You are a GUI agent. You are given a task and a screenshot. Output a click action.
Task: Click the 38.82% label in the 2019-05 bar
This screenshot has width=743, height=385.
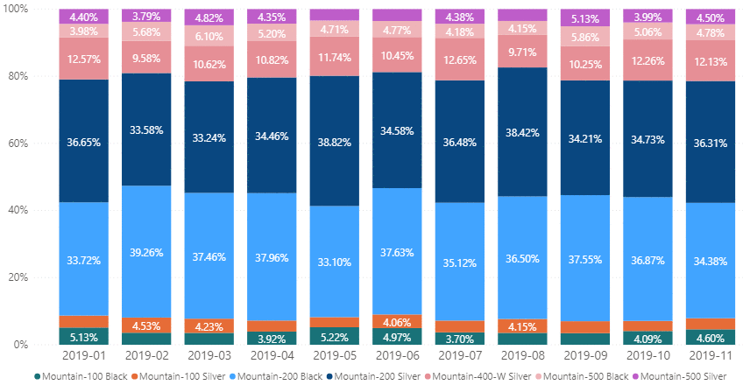point(334,142)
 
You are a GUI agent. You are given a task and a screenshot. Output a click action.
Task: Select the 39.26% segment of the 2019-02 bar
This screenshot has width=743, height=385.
point(146,251)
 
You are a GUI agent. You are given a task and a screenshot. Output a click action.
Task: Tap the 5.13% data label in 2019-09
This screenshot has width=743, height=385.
point(585,19)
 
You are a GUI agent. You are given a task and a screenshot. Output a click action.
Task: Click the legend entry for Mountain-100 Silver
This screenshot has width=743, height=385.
point(178,376)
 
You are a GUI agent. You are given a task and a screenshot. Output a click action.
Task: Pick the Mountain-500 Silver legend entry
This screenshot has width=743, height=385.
point(679,376)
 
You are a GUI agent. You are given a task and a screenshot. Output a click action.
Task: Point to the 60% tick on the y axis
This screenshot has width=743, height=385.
point(18,143)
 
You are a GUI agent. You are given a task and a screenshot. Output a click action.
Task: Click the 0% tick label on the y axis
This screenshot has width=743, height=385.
point(21,345)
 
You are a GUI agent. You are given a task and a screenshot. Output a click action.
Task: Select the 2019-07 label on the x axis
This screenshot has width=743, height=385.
point(460,355)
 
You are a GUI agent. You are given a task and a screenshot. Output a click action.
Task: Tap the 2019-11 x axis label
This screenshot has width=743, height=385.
point(711,355)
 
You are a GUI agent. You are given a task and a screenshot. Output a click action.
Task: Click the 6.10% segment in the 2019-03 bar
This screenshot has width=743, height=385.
point(209,36)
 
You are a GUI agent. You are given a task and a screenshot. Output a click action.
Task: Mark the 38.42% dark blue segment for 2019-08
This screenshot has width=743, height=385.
point(522,132)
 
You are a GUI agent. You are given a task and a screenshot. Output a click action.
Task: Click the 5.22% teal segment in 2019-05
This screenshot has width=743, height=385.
point(334,336)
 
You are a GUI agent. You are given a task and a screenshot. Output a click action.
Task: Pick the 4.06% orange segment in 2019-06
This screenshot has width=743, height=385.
point(397,321)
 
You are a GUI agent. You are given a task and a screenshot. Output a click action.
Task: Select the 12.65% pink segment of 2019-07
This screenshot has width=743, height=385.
point(460,59)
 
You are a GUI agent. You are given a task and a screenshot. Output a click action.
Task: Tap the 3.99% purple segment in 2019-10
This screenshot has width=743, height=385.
point(647,16)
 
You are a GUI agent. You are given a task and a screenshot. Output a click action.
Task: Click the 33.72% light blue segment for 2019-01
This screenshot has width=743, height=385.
point(84,259)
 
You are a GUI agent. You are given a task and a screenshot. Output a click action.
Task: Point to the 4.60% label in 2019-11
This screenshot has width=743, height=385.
point(711,338)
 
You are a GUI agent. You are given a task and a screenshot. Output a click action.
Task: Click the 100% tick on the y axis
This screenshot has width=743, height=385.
point(15,9)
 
